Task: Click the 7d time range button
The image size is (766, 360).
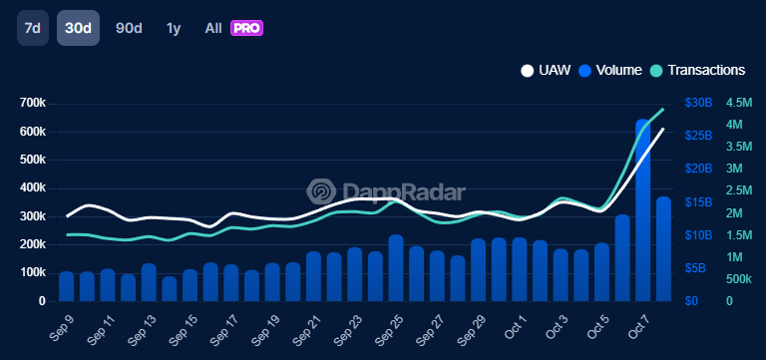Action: tap(32, 28)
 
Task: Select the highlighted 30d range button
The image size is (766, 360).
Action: tap(78, 28)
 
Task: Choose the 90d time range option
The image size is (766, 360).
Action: tap(129, 28)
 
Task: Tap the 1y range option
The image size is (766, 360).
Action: tap(174, 28)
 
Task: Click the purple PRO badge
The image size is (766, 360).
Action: tap(246, 28)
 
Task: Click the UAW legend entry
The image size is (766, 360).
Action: tap(545, 71)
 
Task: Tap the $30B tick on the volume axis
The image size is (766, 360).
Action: tap(698, 104)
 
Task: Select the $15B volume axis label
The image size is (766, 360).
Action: tap(698, 202)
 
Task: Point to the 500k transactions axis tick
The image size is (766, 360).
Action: tap(739, 278)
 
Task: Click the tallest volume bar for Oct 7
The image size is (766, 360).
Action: tap(643, 209)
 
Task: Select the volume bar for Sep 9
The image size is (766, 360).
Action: tap(67, 285)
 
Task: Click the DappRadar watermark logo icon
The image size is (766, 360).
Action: tap(320, 191)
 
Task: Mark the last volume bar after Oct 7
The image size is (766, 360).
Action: tap(663, 248)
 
